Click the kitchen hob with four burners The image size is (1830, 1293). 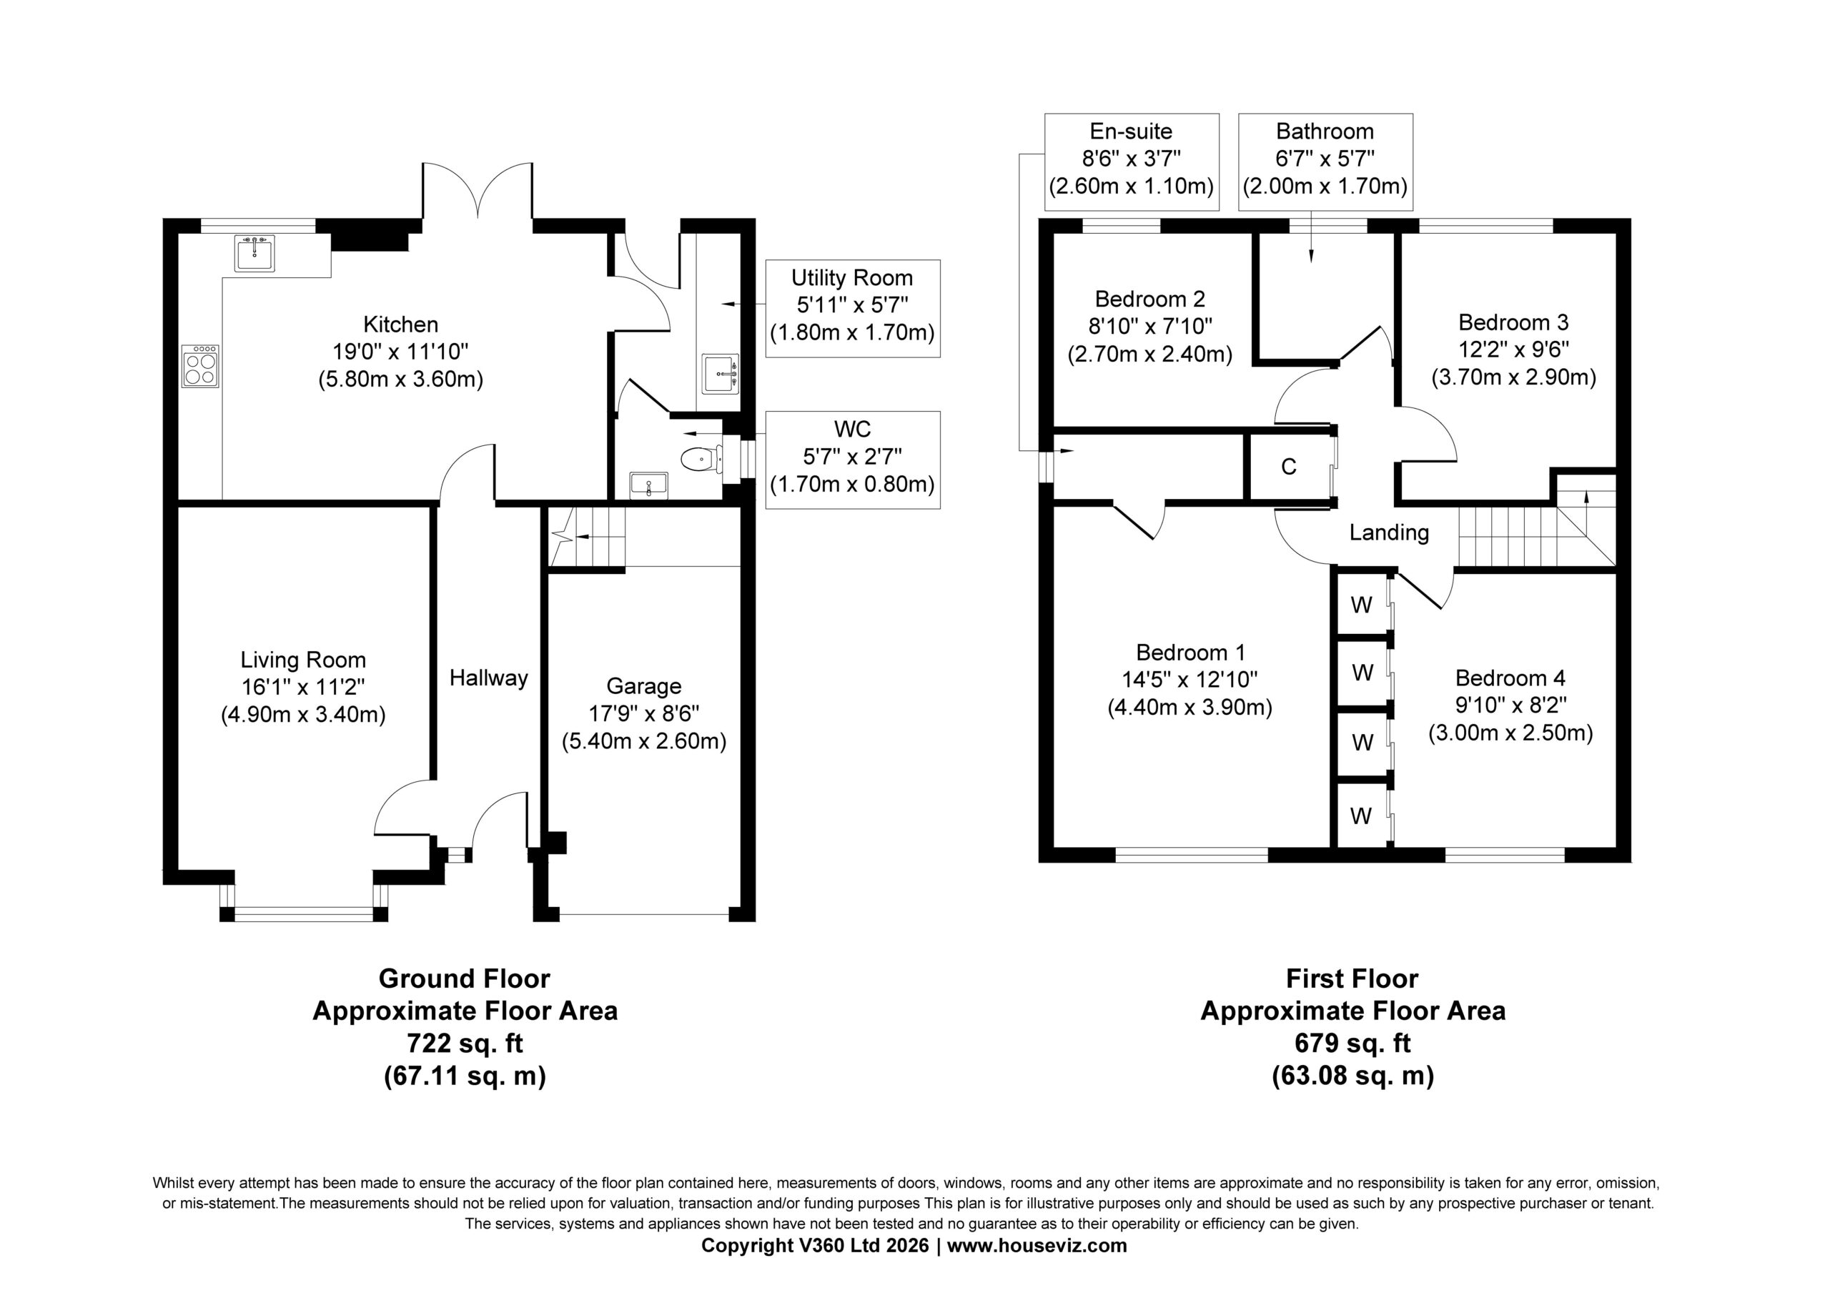(200, 366)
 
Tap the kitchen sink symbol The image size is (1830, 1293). (254, 253)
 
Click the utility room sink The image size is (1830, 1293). (721, 374)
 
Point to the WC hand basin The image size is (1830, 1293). (649, 484)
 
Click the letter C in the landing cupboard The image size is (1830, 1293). (1289, 466)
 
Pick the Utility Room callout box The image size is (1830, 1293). (852, 309)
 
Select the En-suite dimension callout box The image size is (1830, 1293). (1132, 162)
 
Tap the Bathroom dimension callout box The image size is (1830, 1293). (1325, 162)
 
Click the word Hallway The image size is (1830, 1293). (488, 678)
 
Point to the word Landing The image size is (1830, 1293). (1389, 532)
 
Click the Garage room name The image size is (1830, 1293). (644, 686)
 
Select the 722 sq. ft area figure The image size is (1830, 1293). (465, 1043)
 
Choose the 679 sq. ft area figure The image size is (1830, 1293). (1352, 1043)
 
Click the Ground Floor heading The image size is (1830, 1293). (465, 978)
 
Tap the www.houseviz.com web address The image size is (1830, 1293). (1037, 1245)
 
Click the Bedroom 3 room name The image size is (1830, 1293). (1513, 322)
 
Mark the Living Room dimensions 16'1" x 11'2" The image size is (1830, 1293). (304, 687)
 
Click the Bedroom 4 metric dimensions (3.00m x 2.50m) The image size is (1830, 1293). (1510, 733)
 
